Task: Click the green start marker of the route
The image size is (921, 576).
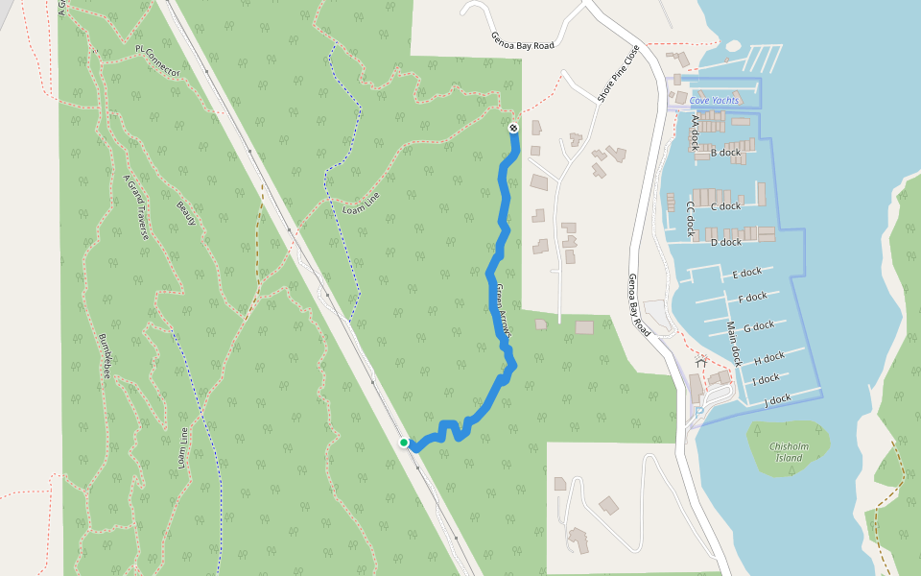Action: [405, 443]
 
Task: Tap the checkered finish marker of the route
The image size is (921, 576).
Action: [513, 128]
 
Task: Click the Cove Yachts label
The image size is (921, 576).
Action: [714, 100]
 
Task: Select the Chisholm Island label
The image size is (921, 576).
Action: [788, 451]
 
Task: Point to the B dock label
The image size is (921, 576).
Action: [725, 153]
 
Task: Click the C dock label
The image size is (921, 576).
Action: [725, 206]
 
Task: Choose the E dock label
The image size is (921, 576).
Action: [746, 275]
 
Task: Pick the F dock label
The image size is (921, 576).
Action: [752, 298]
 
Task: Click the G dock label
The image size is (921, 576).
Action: [758, 326]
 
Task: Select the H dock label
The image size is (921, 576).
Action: [768, 358]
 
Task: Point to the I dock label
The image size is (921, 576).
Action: [766, 379]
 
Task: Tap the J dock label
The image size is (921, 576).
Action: [777, 399]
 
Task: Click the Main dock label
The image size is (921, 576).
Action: [735, 344]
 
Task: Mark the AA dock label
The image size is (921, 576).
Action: [696, 133]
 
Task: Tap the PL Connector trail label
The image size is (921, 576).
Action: [158, 60]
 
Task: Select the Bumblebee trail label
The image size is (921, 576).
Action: [106, 356]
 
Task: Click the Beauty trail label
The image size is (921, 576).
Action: [185, 214]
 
